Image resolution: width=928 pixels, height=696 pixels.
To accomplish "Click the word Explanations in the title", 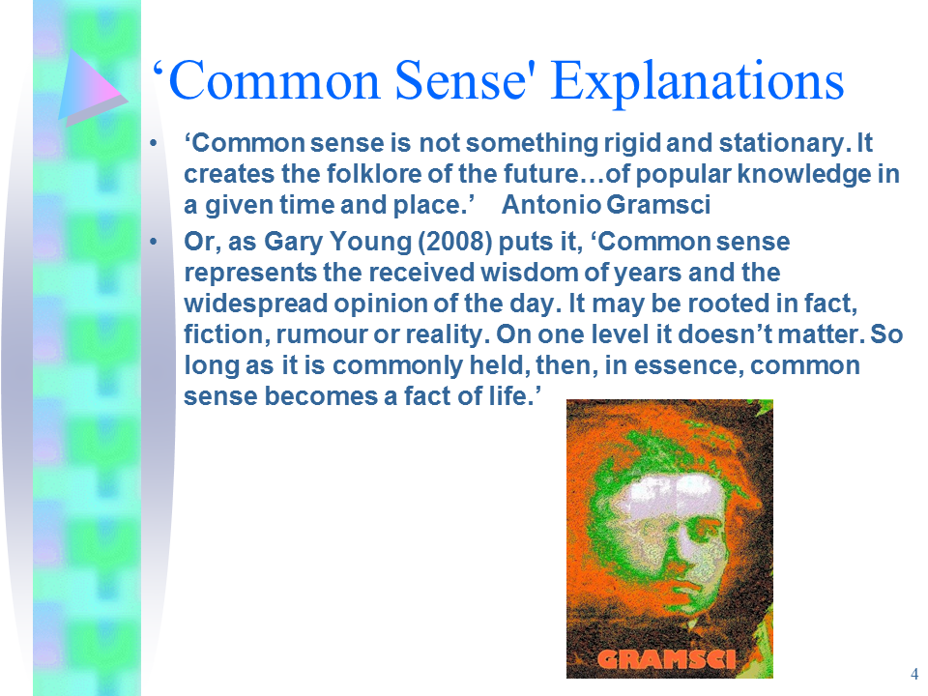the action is tap(697, 81).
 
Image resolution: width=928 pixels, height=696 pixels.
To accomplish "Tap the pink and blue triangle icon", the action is tap(92, 88).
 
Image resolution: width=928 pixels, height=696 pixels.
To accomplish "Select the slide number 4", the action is tap(913, 674).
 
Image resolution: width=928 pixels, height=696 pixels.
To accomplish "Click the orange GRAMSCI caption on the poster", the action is tap(666, 659).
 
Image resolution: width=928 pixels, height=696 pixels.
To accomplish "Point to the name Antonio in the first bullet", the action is tap(551, 205).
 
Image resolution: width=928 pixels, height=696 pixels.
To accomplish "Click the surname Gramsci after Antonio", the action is tap(658, 205).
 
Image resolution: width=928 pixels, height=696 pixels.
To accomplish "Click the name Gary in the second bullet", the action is tap(293, 242).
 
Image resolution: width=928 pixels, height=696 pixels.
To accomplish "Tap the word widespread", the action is tap(255, 304).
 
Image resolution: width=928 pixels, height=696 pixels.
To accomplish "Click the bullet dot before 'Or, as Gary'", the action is tap(154, 241).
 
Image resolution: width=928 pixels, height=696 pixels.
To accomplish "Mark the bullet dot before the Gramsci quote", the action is tap(154, 143).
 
